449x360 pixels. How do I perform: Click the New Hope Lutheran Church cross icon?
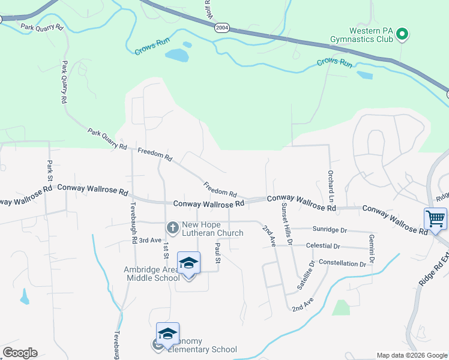tap(172, 227)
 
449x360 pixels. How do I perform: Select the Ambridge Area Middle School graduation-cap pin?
tap(188, 263)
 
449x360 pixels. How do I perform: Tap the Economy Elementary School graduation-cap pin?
tap(167, 334)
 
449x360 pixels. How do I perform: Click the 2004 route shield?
tap(222, 27)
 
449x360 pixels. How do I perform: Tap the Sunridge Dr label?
tap(330, 230)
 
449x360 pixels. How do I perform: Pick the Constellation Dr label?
tap(342, 263)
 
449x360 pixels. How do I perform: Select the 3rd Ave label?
tap(150, 240)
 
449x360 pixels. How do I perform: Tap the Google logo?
tap(20, 353)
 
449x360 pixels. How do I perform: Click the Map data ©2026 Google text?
tap(411, 355)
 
